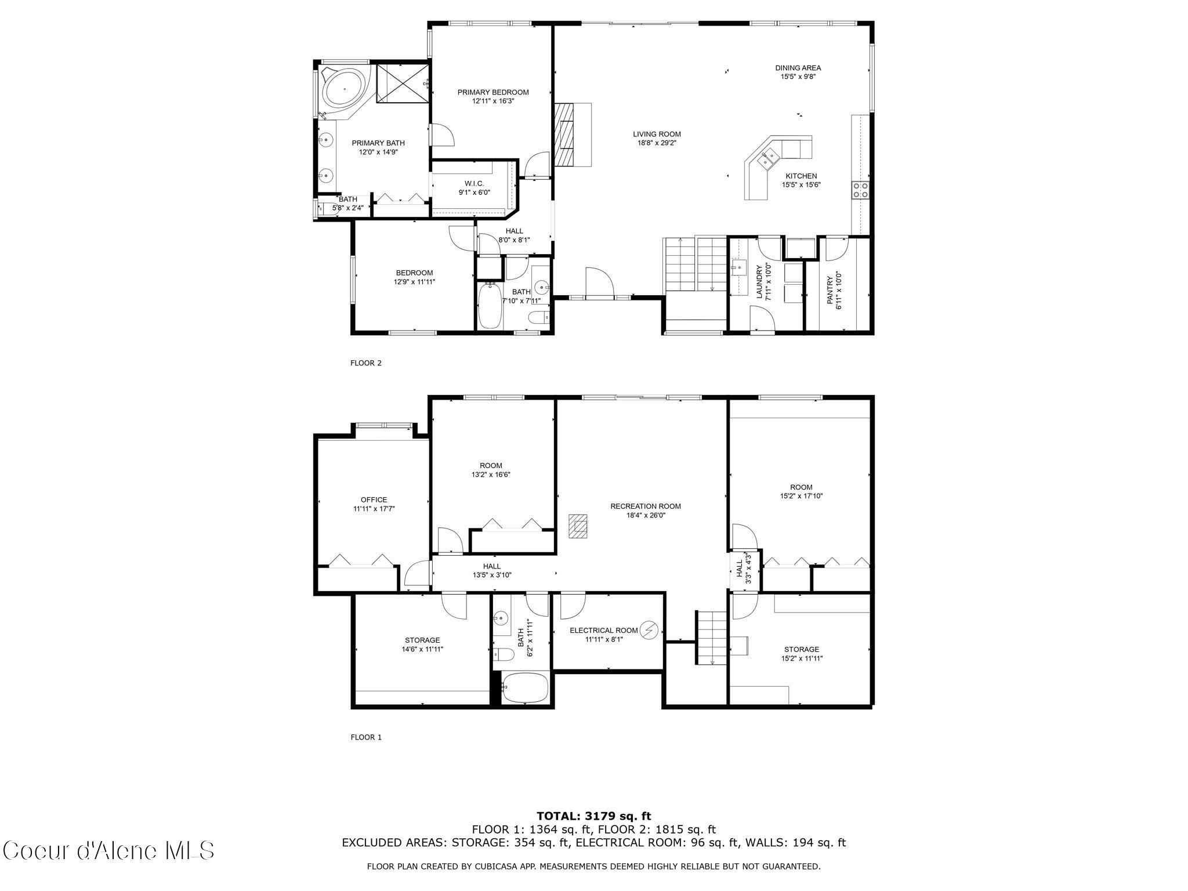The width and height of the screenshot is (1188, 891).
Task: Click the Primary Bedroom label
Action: tap(492, 92)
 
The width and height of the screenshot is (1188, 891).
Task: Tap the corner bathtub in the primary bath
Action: tap(345, 89)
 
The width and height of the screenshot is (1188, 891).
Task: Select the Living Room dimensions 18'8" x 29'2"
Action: tap(657, 143)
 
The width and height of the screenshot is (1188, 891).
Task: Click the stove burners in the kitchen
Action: tap(860, 190)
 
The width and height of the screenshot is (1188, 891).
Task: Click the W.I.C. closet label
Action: tap(474, 183)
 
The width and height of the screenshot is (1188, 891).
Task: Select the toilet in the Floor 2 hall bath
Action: tap(538, 317)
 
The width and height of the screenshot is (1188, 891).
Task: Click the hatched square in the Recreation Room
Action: tap(578, 527)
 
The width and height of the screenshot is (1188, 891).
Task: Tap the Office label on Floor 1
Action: tap(374, 499)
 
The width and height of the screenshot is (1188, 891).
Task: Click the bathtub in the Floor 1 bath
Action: tap(525, 688)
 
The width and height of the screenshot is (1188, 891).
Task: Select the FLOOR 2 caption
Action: tap(365, 363)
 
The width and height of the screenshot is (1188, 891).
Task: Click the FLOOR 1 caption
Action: tap(365, 737)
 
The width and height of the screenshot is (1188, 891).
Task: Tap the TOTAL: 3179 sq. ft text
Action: tap(593, 816)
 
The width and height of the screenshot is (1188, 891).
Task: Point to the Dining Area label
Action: tap(798, 68)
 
